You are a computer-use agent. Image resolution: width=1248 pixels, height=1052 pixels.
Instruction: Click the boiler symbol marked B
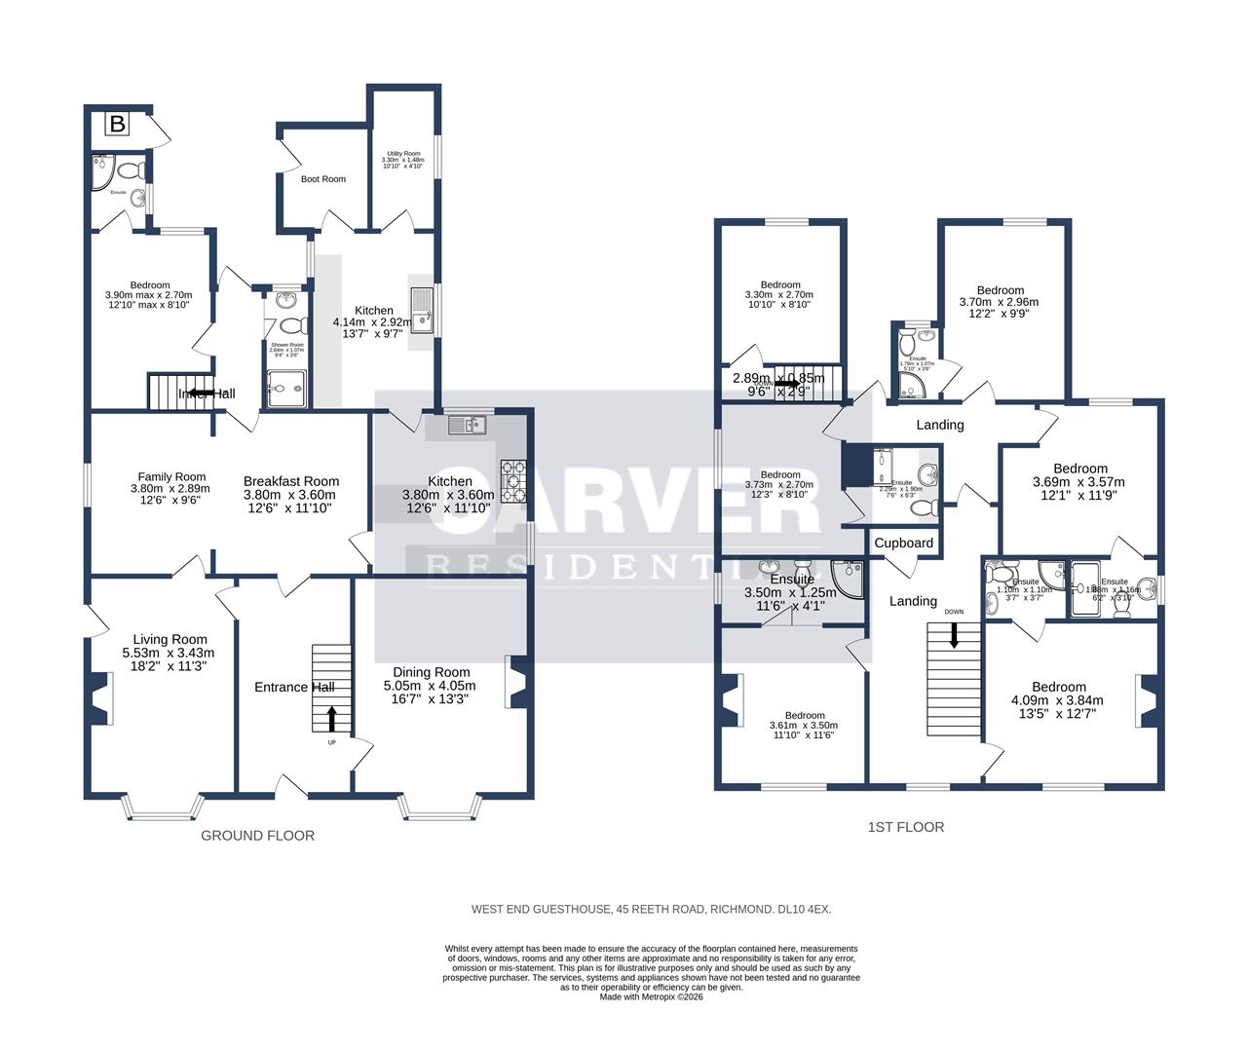point(118,125)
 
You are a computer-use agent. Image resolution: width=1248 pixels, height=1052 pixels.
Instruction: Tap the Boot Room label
point(322,179)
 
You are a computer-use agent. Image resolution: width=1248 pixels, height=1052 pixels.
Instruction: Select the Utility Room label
point(402,154)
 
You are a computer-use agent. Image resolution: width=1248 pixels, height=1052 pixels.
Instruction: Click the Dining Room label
point(431,672)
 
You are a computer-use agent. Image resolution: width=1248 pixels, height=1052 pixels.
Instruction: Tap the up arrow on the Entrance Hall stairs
point(331,719)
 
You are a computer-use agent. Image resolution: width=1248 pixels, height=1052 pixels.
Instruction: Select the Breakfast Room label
point(290,481)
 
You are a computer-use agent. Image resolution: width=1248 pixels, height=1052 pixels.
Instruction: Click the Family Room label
point(171,477)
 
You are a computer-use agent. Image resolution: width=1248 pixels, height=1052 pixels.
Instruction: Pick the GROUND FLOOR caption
point(257,836)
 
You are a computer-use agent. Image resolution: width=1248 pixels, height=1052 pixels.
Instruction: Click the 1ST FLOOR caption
point(905,827)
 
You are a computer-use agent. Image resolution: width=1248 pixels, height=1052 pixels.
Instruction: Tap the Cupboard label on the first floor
point(903,544)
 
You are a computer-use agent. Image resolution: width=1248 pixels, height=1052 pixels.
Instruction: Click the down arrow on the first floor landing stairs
point(954,636)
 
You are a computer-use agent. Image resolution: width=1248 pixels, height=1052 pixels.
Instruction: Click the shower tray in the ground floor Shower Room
point(285,389)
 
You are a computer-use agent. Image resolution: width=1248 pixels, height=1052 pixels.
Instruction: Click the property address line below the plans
point(651,909)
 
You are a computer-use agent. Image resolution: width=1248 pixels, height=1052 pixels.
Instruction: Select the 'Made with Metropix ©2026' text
point(651,996)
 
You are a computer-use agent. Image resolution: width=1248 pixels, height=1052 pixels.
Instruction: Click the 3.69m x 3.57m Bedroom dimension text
point(1078,481)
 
